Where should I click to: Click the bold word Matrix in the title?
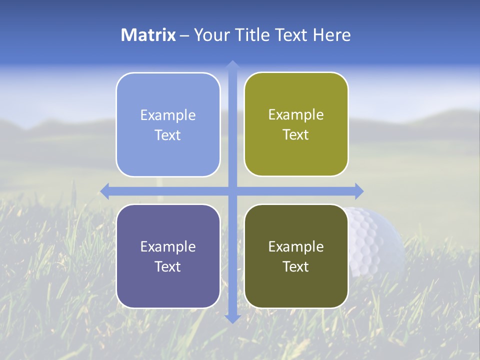coord(148,35)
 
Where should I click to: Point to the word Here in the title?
coord(331,35)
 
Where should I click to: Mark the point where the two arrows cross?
coord(232,191)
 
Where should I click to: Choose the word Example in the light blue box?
coord(168,115)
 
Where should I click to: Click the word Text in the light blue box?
coord(168,135)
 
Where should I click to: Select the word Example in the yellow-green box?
coord(296,115)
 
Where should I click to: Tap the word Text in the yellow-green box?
coord(296,135)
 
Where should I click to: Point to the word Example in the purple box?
coord(168,247)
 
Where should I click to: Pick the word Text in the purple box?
coord(168,267)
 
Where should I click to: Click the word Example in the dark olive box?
coord(296,247)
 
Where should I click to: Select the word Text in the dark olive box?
coord(296,267)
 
